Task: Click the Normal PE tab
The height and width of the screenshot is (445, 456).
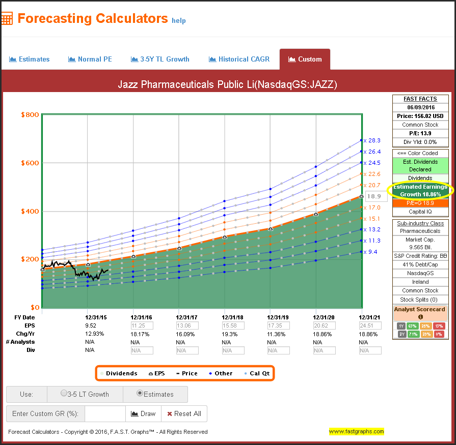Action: [90, 59]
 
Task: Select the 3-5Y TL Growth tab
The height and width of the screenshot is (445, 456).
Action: [160, 59]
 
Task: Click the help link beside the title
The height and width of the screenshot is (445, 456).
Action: [179, 21]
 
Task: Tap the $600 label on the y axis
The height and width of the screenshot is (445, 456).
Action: [30, 163]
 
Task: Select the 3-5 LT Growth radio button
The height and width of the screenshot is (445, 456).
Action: [64, 394]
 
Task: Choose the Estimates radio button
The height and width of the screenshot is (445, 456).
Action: [140, 394]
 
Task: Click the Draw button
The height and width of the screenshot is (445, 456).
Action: [143, 413]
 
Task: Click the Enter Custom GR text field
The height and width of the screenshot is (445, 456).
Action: [105, 413]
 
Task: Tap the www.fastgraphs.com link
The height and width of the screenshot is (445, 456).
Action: [356, 431]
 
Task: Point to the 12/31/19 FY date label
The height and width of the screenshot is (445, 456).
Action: [271, 317]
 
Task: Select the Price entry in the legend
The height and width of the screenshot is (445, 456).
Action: [186, 373]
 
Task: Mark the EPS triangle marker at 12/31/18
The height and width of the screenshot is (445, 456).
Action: [225, 237]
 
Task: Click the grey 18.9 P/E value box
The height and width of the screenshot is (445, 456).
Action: [374, 196]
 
